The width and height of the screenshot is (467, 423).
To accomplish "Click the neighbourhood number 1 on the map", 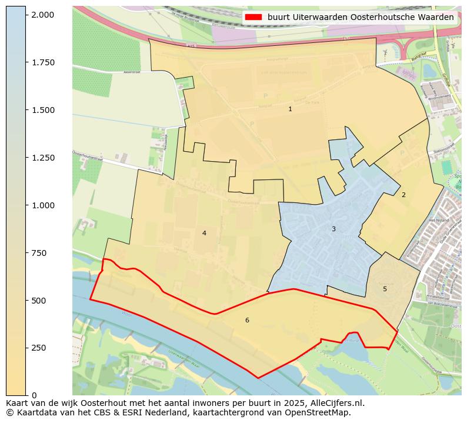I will click(290, 109).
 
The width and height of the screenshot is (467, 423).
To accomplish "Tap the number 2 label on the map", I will click(403, 195).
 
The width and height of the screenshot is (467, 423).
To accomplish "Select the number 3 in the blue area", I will click(333, 229).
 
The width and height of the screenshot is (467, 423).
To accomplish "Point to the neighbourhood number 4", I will click(204, 233).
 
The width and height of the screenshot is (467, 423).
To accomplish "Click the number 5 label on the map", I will click(385, 289).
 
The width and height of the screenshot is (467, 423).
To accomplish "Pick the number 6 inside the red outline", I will click(247, 320).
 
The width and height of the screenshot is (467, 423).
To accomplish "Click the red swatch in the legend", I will click(254, 18).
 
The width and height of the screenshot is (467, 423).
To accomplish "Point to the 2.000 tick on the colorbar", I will click(42, 15).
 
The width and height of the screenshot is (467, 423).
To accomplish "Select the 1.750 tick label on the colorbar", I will click(42, 62).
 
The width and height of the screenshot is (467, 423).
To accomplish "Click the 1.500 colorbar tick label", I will click(42, 110).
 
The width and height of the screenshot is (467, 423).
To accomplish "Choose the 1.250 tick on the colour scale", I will click(42, 158).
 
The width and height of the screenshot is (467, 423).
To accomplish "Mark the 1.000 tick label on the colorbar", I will click(42, 205).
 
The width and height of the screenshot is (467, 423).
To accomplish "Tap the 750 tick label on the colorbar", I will click(39, 253).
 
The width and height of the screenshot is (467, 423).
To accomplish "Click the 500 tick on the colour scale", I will click(39, 301).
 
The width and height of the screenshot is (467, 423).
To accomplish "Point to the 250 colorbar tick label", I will click(39, 348).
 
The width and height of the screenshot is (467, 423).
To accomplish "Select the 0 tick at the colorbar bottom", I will click(34, 395).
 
